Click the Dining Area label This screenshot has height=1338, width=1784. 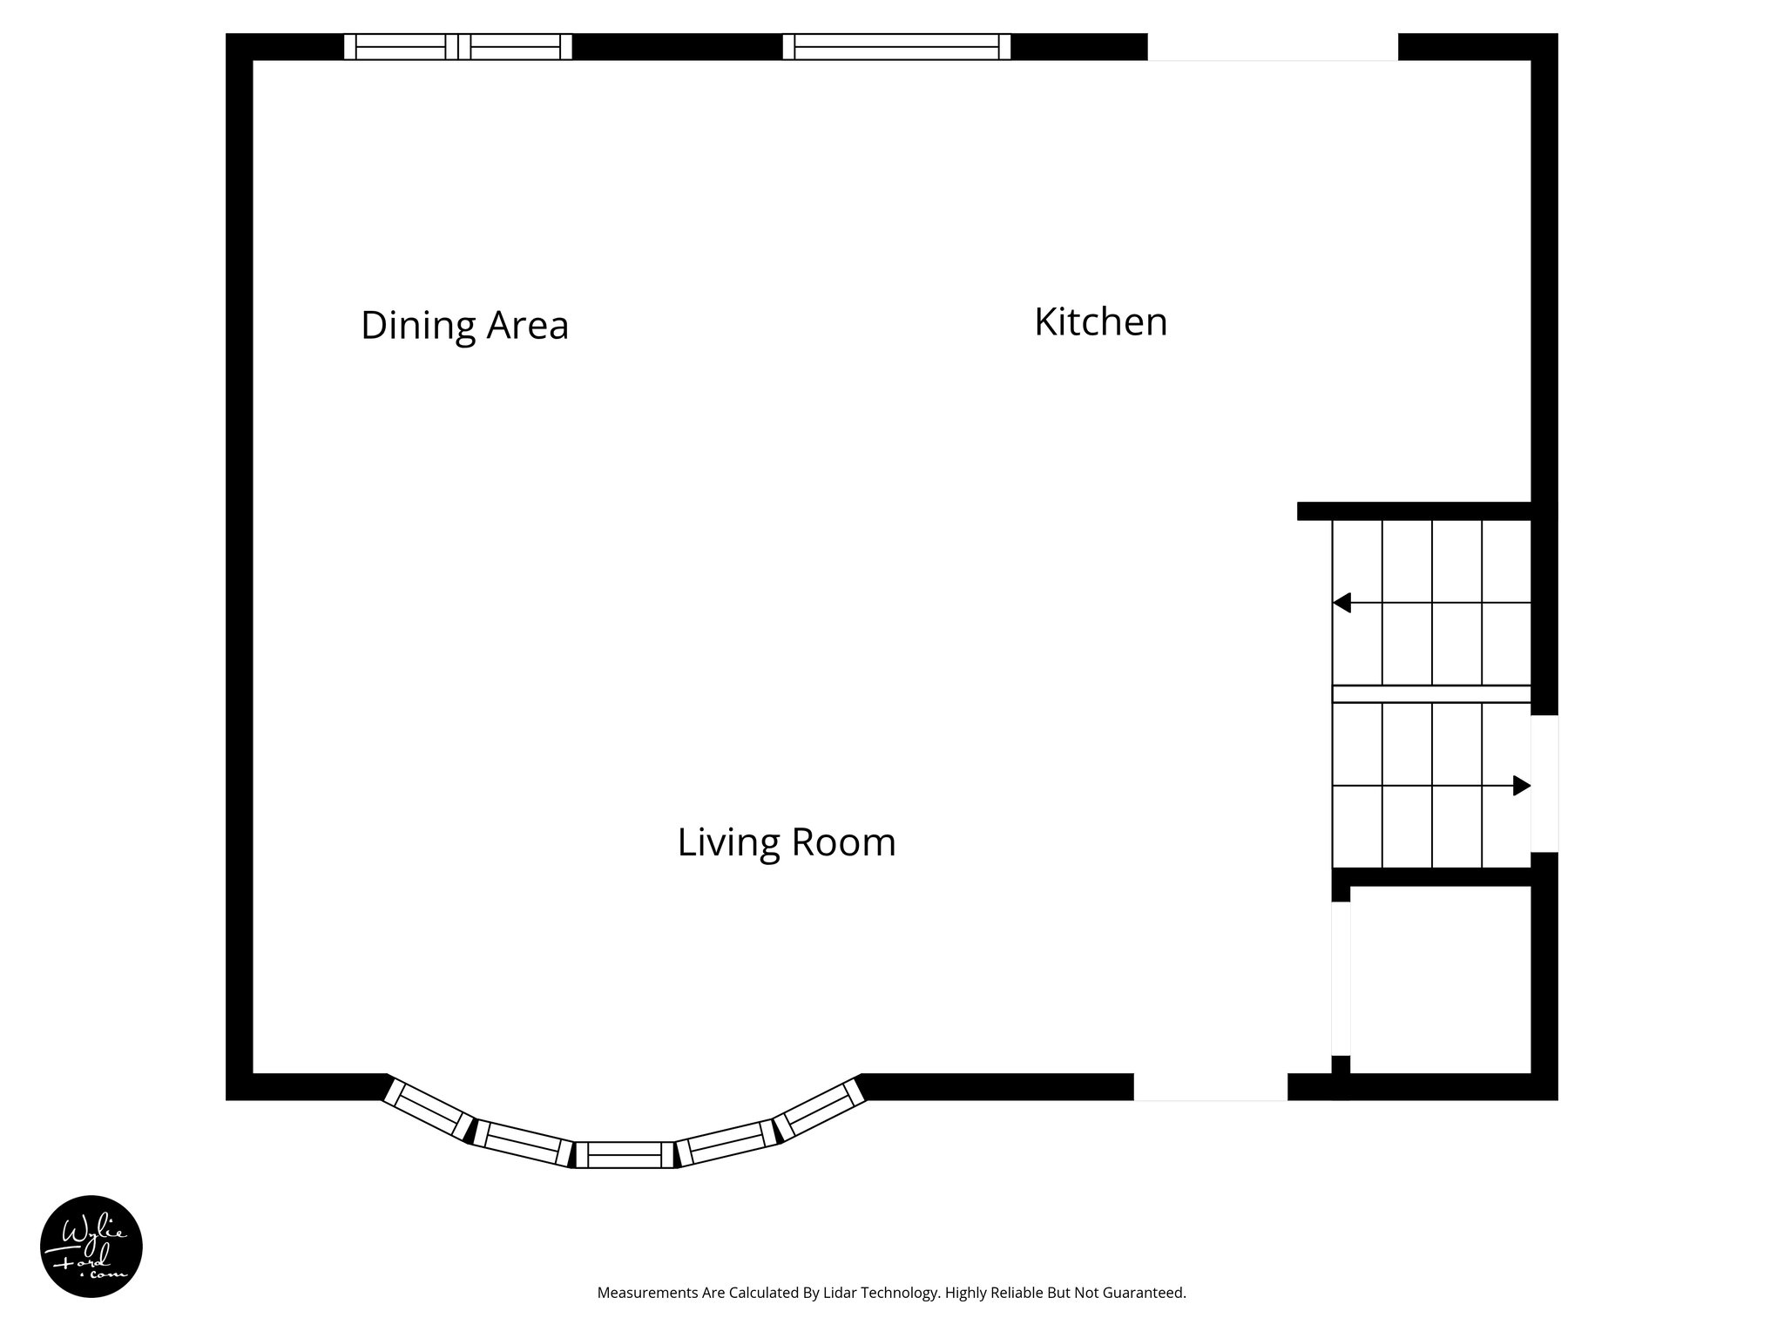(x=464, y=325)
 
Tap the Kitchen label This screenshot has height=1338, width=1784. (x=1100, y=321)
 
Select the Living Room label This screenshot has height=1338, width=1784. (x=787, y=842)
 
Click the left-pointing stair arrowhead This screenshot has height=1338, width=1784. (x=1342, y=603)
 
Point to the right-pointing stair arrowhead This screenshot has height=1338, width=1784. (x=1521, y=786)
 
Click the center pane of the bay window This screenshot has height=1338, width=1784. (x=625, y=1154)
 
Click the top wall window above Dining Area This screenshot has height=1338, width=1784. (x=457, y=46)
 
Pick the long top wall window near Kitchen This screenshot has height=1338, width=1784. (x=896, y=46)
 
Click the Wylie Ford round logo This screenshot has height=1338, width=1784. (x=91, y=1247)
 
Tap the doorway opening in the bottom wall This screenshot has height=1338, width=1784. (x=1210, y=1086)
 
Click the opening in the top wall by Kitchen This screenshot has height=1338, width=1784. (x=1273, y=46)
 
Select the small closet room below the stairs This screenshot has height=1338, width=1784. (x=1440, y=978)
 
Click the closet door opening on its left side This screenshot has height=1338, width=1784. (x=1341, y=978)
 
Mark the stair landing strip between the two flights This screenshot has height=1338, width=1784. (x=1431, y=694)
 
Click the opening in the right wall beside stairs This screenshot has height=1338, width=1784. (x=1544, y=783)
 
